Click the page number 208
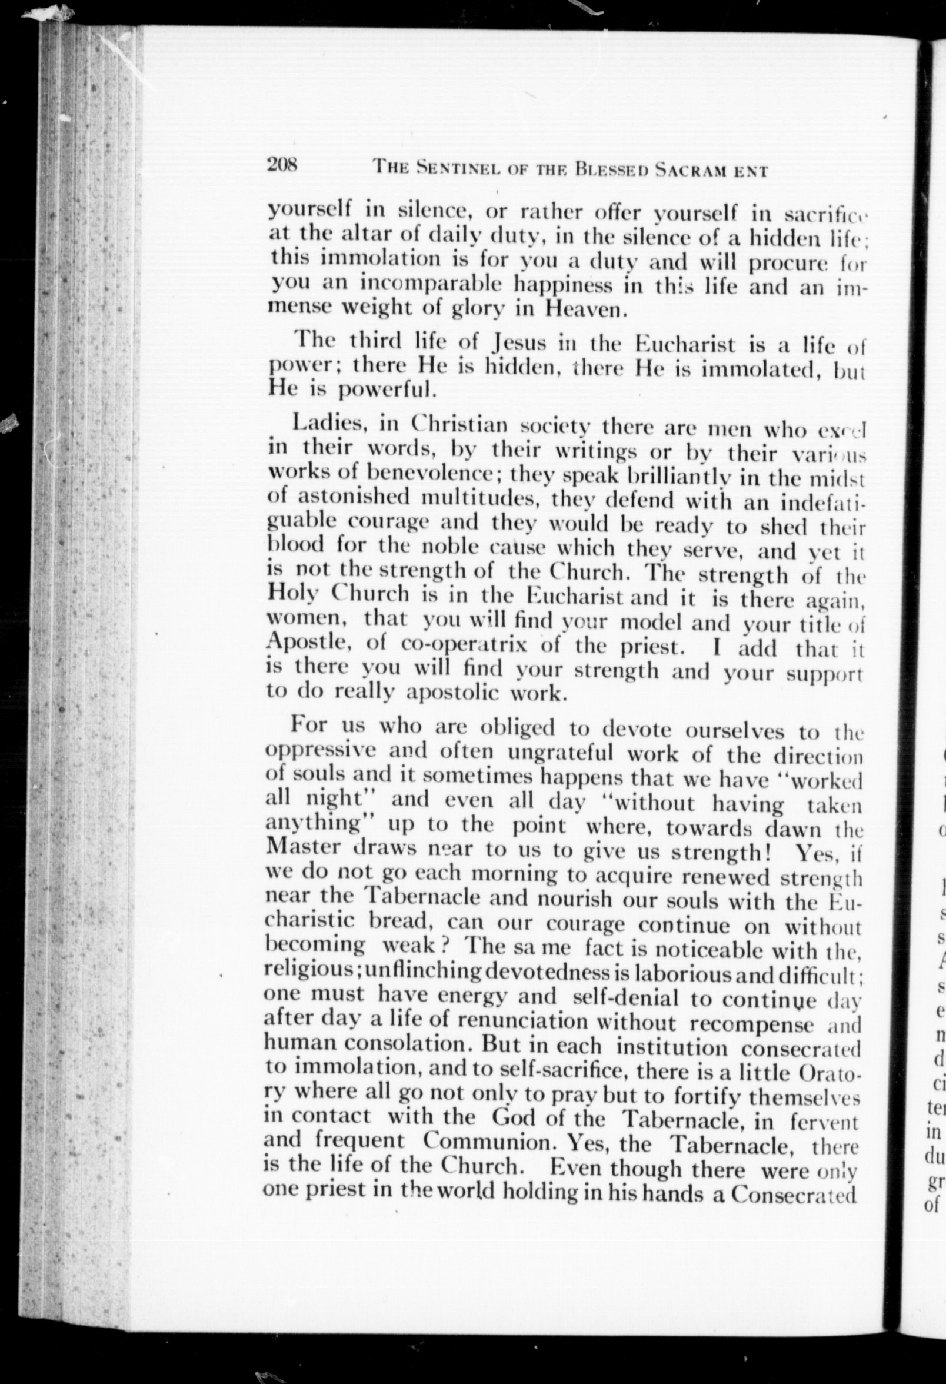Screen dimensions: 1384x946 click(x=283, y=164)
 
